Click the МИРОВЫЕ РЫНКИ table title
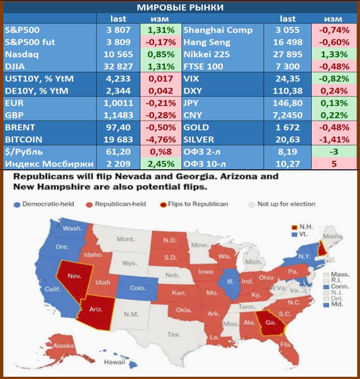180,7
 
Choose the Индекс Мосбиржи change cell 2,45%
161,164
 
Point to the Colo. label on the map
137,288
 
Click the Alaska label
62,346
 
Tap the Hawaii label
114,363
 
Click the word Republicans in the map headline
46,176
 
